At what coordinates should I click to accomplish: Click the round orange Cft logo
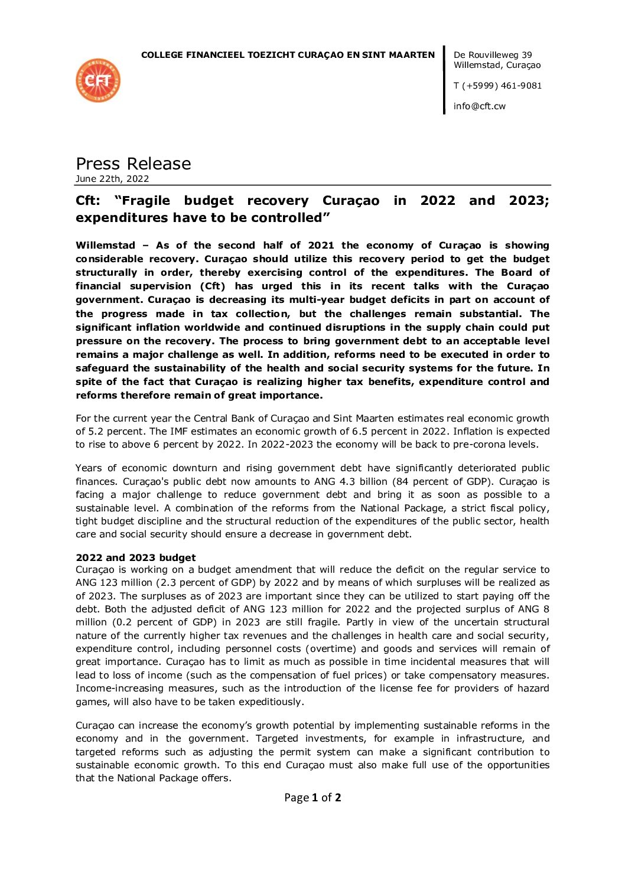98,80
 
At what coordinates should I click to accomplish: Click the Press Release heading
134,164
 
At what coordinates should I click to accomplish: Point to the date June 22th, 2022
112,179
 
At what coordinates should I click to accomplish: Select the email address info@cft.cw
480,106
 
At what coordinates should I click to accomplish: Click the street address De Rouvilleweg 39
493,55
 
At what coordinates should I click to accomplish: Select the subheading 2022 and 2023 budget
136,557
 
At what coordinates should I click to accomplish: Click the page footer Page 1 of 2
312,798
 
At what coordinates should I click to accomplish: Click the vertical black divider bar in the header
444,80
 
